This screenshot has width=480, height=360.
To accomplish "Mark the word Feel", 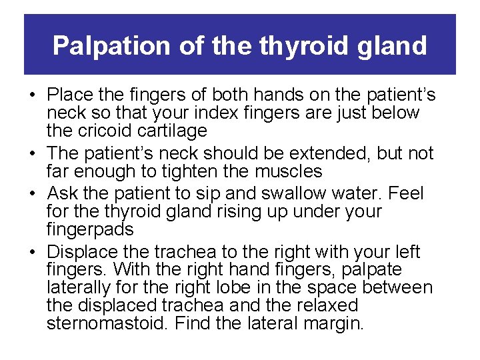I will [x=405, y=193].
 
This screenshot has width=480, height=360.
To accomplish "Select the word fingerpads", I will [x=90, y=229].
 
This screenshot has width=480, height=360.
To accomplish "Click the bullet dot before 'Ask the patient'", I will [x=32, y=194].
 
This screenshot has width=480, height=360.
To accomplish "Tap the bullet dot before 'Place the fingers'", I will [x=32, y=95].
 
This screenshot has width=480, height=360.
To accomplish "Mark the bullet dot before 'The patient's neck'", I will [x=32, y=153].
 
